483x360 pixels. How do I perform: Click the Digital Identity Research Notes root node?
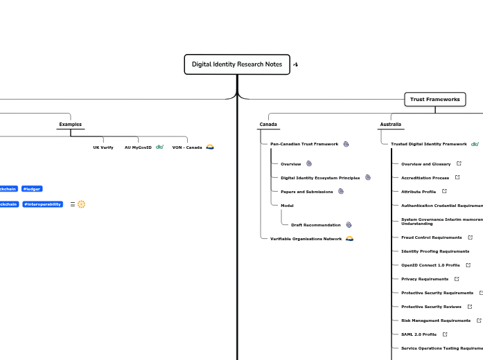tap(237, 64)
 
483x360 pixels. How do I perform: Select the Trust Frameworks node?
tap(434, 100)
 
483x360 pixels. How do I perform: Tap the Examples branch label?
tap(70, 125)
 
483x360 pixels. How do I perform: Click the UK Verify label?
tap(103, 147)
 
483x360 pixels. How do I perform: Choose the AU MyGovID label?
tap(138, 147)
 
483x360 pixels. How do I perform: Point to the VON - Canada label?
tap(187, 147)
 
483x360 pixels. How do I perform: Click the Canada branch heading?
tap(268, 125)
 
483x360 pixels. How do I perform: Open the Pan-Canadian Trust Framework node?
tap(304, 144)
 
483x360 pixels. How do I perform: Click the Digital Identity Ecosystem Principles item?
tap(319, 178)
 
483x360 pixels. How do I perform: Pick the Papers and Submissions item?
tap(306, 191)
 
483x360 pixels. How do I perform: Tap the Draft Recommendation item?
tap(315, 225)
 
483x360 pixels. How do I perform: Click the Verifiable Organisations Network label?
tap(306, 238)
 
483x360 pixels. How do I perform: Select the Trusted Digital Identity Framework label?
tap(428, 144)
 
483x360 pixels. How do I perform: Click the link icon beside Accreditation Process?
tap(457, 178)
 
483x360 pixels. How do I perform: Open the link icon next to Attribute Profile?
tap(444, 191)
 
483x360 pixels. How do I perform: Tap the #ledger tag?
tap(33, 188)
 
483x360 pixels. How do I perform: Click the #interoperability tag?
tap(42, 204)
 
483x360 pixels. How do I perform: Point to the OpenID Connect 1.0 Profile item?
tap(430, 265)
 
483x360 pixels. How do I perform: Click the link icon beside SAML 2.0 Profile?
tap(445, 334)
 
